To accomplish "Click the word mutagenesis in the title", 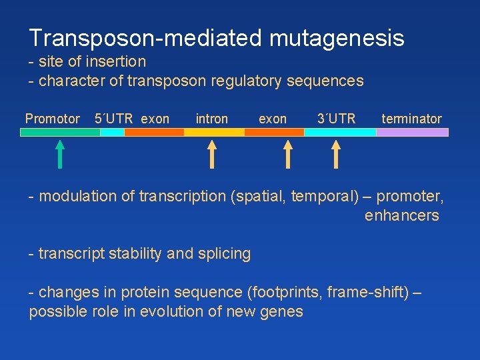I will [337, 38].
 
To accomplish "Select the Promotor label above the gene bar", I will [52, 119].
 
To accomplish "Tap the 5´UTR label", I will [114, 119].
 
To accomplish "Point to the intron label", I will [211, 119].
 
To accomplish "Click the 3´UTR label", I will [336, 119].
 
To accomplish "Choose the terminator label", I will [411, 119].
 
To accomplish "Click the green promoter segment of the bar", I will [60, 132].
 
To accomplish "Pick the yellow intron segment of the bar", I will [213, 132].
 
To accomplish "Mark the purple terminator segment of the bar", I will [412, 132].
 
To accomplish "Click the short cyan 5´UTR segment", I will [112, 132].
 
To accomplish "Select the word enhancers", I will [401, 215].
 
